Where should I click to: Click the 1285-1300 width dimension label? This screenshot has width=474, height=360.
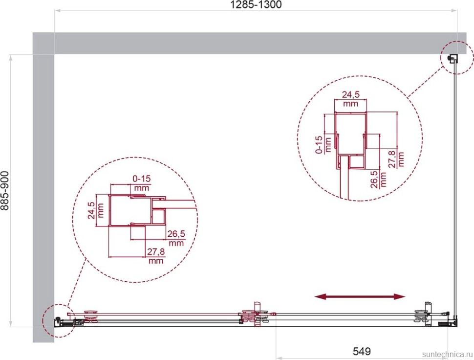pos(256,4)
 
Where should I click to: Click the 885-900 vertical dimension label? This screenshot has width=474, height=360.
pos(5,191)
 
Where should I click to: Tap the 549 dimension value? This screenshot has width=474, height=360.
pos(362,351)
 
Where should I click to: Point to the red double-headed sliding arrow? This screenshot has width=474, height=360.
pos(360,297)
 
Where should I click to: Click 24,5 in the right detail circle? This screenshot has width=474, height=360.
pos(351,95)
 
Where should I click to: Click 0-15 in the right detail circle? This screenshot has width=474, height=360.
pos(319,145)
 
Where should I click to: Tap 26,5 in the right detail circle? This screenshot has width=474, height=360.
pos(374,180)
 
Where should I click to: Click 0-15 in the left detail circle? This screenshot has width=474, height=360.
pos(142,179)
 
